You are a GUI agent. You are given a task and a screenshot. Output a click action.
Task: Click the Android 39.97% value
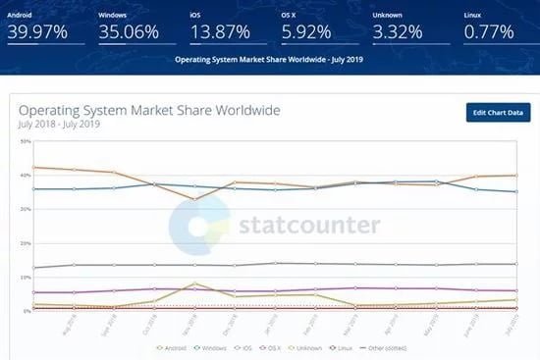37,31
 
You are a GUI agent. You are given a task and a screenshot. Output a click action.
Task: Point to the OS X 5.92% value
306,31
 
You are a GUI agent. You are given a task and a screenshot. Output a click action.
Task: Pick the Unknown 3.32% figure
399,31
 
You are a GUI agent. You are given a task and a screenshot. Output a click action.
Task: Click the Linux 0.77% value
489,31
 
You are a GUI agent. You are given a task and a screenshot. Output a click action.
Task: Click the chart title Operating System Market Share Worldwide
148,110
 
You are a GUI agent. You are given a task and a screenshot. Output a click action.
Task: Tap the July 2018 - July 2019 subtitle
59,125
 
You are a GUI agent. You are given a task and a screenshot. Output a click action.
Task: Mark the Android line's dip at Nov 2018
195,199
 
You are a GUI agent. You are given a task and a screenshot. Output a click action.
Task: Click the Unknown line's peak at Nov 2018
195,283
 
